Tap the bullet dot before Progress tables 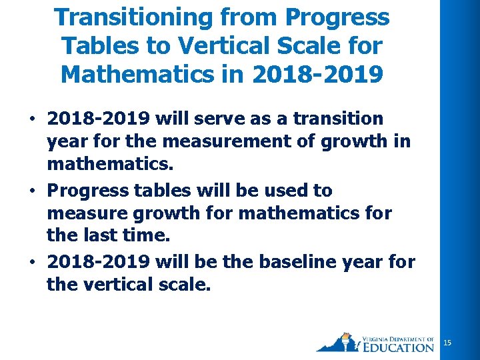(32, 191)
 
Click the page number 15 (447, 343)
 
